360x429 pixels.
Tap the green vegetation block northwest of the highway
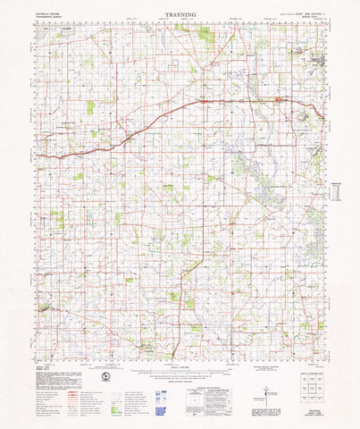90,108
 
